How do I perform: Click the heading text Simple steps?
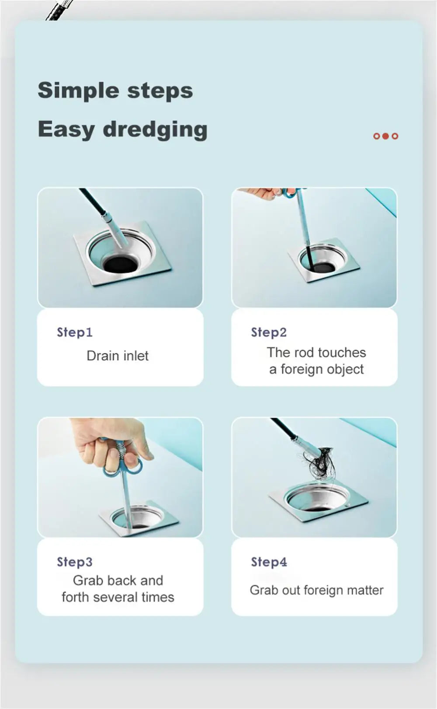click(x=115, y=91)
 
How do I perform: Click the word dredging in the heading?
click(x=155, y=129)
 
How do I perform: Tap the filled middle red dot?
click(x=385, y=136)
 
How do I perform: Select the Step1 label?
click(x=74, y=332)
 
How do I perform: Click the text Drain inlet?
click(x=117, y=356)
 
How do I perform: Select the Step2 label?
click(x=269, y=332)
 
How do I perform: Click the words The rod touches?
click(x=316, y=353)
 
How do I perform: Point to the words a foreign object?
click(x=316, y=369)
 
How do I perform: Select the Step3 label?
click(x=74, y=562)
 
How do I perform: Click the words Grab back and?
click(x=118, y=580)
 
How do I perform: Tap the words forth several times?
click(x=118, y=597)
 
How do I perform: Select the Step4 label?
click(x=269, y=562)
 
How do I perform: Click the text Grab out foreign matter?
click(x=316, y=590)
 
